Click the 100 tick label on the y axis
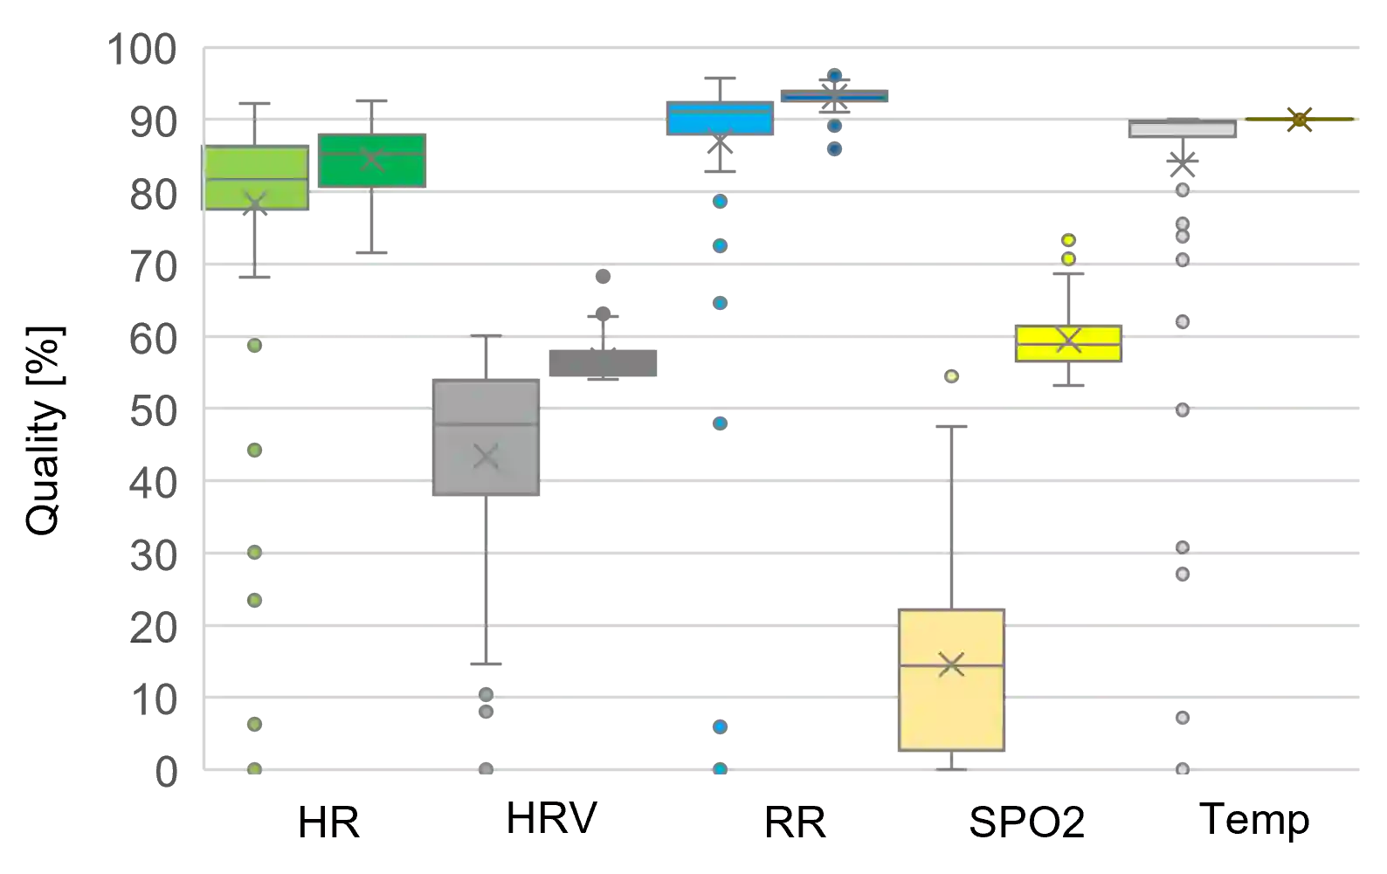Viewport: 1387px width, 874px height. point(143,50)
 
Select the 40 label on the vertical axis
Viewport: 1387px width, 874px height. point(155,483)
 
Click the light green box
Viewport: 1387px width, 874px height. point(257,178)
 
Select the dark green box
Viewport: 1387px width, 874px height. point(374,161)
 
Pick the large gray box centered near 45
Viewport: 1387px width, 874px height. point(486,439)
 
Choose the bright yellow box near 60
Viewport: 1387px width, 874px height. point(1069,342)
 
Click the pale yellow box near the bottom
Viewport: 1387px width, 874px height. point(951,680)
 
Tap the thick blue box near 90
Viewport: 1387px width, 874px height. point(720,120)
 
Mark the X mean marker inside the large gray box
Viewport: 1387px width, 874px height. point(486,456)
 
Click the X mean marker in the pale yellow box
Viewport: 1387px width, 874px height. point(951,664)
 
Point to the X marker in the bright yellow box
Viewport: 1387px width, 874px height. point(1069,341)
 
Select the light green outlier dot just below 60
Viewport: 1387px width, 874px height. point(255,346)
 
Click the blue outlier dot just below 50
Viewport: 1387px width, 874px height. point(721,424)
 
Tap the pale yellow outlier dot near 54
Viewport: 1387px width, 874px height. point(953,376)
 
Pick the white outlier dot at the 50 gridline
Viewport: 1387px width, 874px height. point(1183,409)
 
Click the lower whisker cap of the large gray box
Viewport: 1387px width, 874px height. point(486,663)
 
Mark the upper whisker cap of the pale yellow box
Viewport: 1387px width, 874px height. point(950,426)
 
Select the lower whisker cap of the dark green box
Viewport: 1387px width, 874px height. point(371,251)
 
